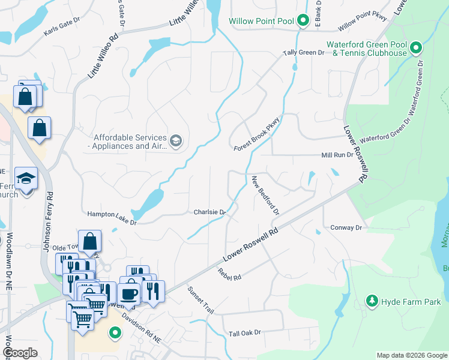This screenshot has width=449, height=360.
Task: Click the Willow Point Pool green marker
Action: pyautogui.click(x=303, y=22)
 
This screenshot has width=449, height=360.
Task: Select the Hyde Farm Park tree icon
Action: pyautogui.click(x=372, y=301)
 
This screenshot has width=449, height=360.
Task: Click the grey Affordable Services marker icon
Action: pyautogui.click(x=175, y=142)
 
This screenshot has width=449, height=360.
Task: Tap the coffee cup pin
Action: pyautogui.click(x=130, y=293)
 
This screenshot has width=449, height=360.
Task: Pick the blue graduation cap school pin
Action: pyautogui.click(x=26, y=179)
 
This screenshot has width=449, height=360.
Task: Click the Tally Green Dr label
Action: pyautogui.click(x=304, y=53)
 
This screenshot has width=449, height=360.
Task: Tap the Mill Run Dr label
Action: pyautogui.click(x=336, y=155)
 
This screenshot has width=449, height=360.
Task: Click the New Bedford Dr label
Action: pyautogui.click(x=266, y=195)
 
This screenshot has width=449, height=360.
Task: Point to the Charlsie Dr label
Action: pyautogui.click(x=209, y=212)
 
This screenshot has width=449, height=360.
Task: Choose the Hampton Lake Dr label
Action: pyautogui.click(x=112, y=218)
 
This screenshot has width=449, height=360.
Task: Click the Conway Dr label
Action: pyautogui.click(x=347, y=228)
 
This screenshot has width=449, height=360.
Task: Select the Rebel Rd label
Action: pyautogui.click(x=229, y=274)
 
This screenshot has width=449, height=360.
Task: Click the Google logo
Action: pyautogui.click(x=20, y=353)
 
